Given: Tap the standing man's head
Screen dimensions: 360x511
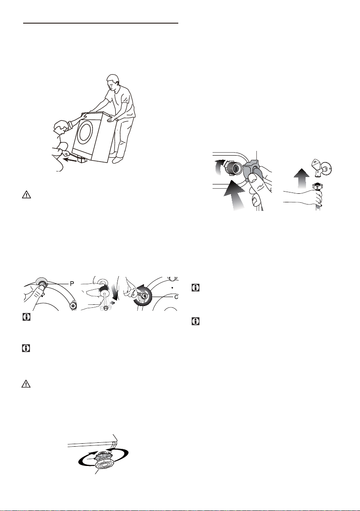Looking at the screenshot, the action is tap(112, 82).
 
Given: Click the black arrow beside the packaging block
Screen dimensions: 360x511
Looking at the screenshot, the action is tap(70, 159).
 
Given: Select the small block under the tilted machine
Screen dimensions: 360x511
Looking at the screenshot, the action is tap(82, 159).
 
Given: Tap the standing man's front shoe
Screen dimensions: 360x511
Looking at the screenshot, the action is tap(116, 160).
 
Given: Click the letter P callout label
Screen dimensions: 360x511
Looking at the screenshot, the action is tap(72, 283).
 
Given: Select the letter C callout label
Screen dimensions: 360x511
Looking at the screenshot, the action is tap(176, 297).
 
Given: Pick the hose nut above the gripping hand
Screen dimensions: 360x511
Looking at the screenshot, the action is tap(316, 187).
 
